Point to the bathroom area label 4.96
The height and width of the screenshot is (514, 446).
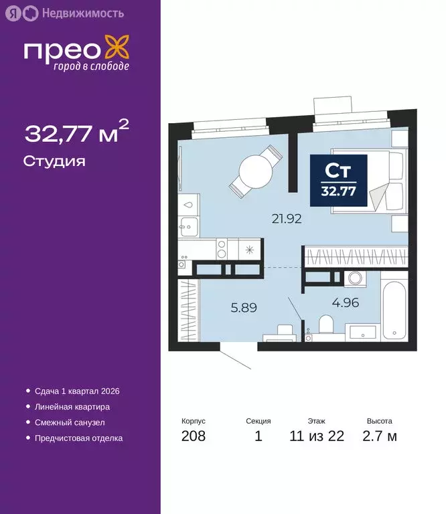pyautogui.click(x=346, y=302)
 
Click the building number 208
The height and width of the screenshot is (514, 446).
pyautogui.click(x=193, y=436)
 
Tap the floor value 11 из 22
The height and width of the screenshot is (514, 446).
pyautogui.click(x=317, y=436)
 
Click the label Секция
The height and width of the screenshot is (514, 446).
pyautogui.click(x=258, y=421)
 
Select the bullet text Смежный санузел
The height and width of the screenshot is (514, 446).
pyautogui.click(x=70, y=422)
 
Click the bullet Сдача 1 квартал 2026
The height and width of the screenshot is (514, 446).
pyautogui.click(x=76, y=391)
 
